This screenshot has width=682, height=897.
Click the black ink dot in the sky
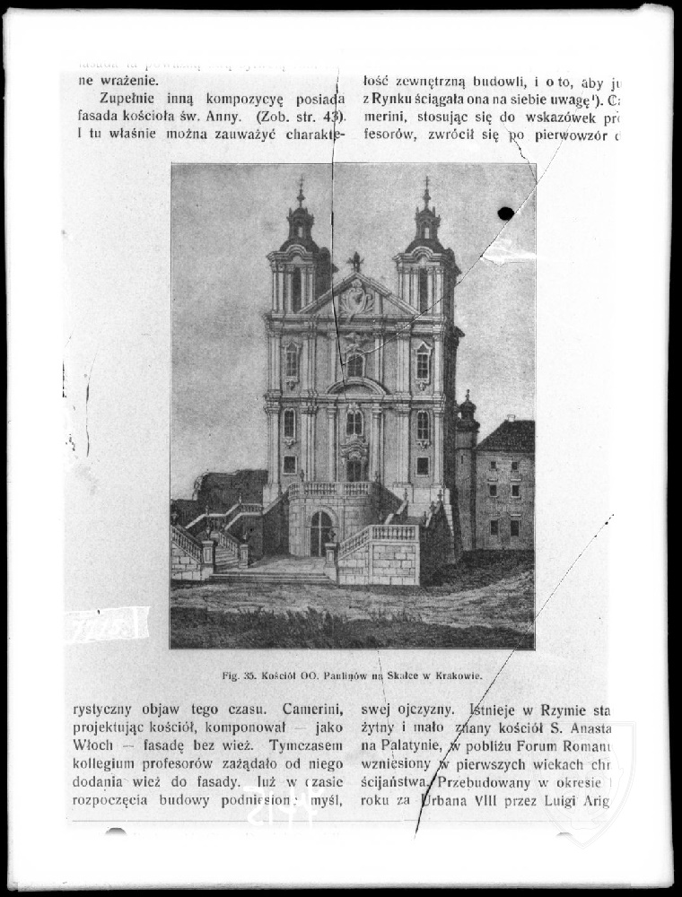pyautogui.click(x=505, y=213)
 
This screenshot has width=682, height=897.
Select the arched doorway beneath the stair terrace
pyautogui.click(x=321, y=533)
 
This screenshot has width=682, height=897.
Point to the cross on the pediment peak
pyautogui.click(x=356, y=261)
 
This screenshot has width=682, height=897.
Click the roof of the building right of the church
pyautogui.click(x=506, y=437)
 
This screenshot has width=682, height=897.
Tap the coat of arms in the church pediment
pyautogui.click(x=357, y=297)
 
